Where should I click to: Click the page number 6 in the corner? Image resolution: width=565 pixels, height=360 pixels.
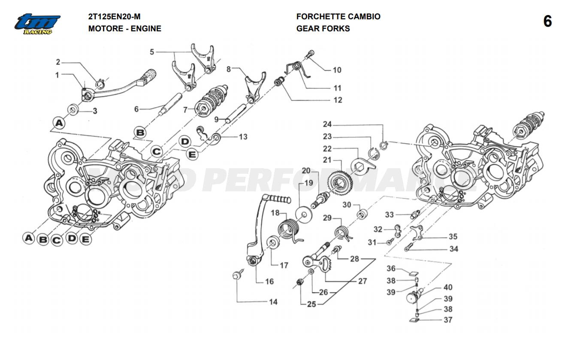[547, 21]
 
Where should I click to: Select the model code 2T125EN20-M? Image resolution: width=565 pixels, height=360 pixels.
[114, 17]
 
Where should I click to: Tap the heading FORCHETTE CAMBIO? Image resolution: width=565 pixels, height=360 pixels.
[338, 17]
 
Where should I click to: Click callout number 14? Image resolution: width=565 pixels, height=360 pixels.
[273, 302]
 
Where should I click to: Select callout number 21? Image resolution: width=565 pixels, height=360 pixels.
[328, 160]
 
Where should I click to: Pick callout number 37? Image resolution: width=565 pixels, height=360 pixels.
[448, 320]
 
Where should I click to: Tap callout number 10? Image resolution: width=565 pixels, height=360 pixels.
[337, 70]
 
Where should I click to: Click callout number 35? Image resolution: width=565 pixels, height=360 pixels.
[453, 236]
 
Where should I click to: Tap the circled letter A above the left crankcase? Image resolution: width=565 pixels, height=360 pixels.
[59, 123]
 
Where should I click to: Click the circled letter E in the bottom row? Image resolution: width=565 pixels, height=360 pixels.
[86, 239]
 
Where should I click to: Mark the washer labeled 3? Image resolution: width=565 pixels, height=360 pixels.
[73, 110]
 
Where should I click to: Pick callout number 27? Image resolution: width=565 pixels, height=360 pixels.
[363, 281]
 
